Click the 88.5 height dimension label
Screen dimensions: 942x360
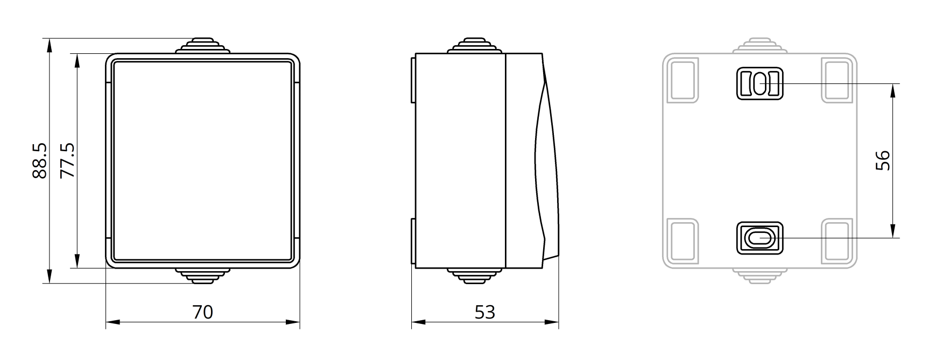[40, 160]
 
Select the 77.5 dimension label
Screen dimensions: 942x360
[68, 160]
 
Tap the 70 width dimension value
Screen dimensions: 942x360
[202, 312]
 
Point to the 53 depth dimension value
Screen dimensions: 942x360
[484, 312]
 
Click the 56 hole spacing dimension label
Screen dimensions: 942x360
[883, 160]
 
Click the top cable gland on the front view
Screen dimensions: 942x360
[202, 46]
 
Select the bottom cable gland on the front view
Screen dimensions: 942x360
[202, 276]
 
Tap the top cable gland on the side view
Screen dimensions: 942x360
[474, 46]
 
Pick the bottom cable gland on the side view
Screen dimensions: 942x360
[474, 276]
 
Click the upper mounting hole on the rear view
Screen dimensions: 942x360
[759, 84]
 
